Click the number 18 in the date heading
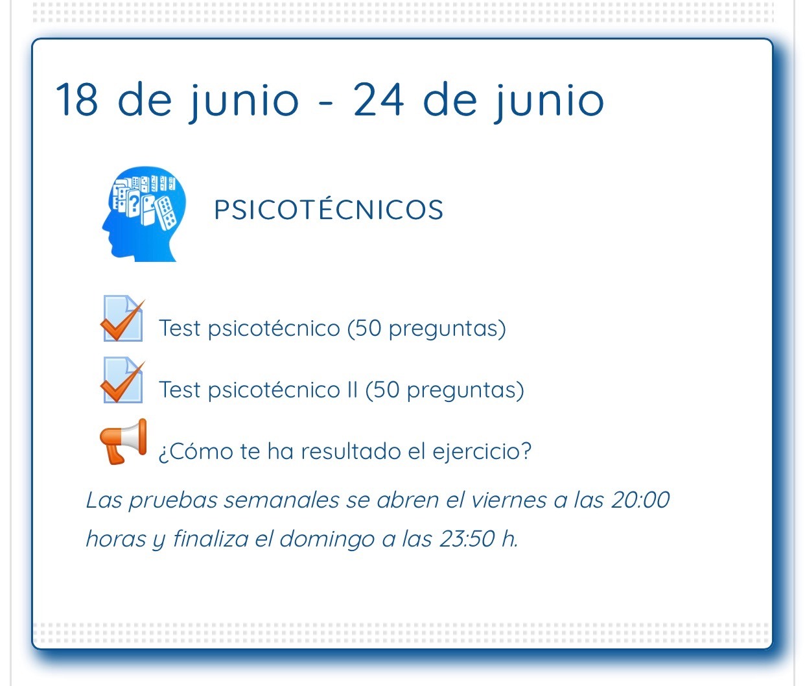point(76,101)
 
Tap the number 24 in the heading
point(378,101)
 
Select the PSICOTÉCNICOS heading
point(329,210)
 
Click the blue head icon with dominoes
point(144,214)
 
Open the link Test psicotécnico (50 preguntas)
point(332,328)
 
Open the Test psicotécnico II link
point(342,390)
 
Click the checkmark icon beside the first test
point(122,319)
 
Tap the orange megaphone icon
point(123,442)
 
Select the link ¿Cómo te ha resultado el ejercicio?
point(345,451)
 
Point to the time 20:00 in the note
point(640,500)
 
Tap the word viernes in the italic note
point(509,500)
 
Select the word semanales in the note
point(281,500)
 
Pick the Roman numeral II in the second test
point(352,390)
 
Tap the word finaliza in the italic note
point(210,539)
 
